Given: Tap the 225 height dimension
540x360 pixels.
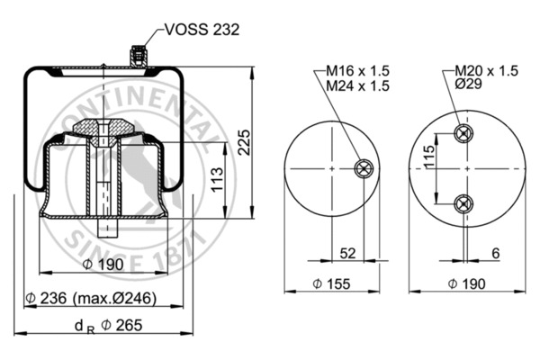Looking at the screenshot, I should [244, 140].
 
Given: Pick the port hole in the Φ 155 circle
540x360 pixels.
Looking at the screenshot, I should [363, 167].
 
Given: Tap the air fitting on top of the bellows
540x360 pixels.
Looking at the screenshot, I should [138, 56].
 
